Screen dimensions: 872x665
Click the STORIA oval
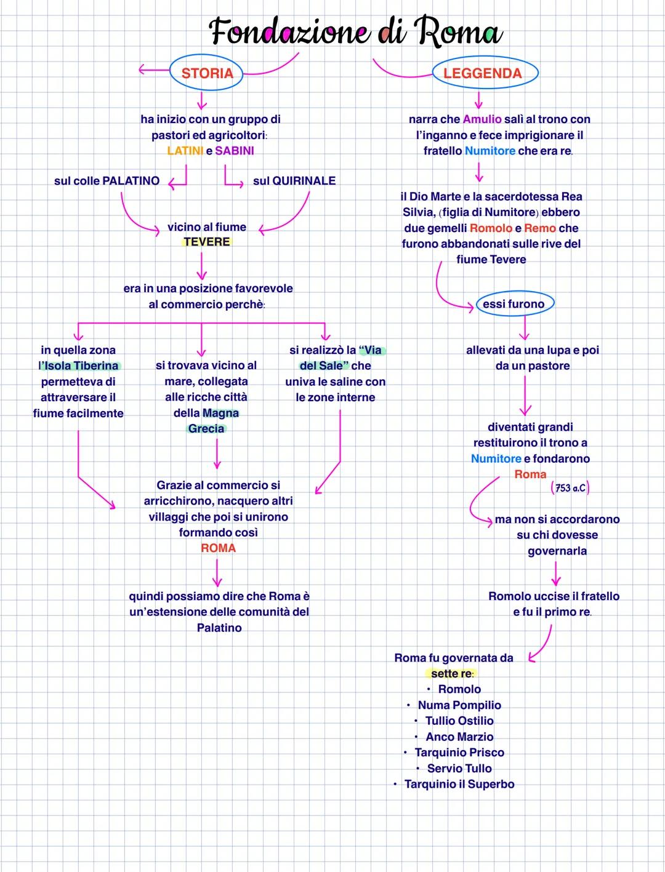coord(207,73)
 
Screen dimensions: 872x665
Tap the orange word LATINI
coord(185,151)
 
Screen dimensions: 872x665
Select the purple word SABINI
coord(235,151)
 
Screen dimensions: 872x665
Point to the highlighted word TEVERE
coord(206,242)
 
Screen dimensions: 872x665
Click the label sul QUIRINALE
coord(294,181)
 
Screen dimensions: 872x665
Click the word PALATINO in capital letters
coord(131,181)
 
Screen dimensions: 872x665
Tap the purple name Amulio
coord(482,119)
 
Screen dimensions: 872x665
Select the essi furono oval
coord(514,304)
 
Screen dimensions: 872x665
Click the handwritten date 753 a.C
coord(570,488)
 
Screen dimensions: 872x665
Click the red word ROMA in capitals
coord(218,548)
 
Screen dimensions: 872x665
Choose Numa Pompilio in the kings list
coord(459,705)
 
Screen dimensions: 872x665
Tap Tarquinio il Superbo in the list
coord(459,784)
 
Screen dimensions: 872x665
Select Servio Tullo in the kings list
coord(459,768)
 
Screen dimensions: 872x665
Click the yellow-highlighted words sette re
coord(451,674)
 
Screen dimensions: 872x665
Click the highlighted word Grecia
coord(206,429)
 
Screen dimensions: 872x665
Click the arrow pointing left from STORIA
coord(151,70)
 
